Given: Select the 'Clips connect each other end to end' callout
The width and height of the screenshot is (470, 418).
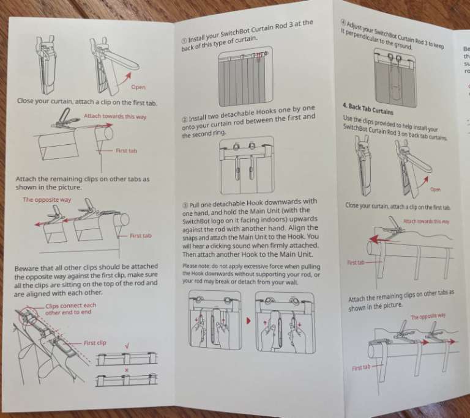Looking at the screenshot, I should [70, 309].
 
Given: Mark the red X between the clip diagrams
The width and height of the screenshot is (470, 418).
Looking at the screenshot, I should [126, 370].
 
